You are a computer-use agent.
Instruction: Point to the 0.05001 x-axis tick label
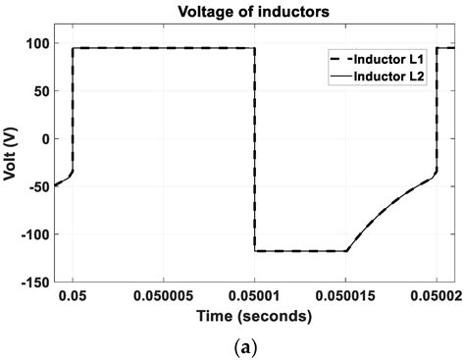pos(255,297)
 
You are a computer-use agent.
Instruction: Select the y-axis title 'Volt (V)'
pos(12,163)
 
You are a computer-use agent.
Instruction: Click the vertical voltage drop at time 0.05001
pos(255,147)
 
